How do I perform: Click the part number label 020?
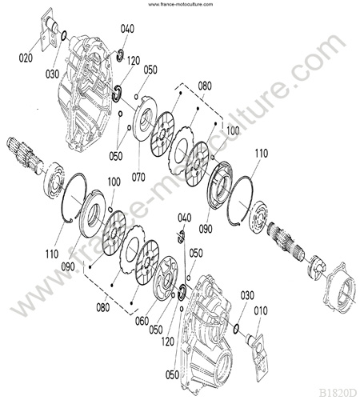tap(26, 58)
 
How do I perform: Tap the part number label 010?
tap(261, 310)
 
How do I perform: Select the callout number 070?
tap(138, 177)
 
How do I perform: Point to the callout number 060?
tap(142, 321)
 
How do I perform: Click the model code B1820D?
tap(338, 393)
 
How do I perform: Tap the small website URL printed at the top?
tap(181, 4)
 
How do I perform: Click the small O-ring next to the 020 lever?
tap(64, 35)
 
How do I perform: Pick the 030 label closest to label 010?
tap(247, 295)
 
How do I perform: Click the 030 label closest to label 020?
tap(52, 74)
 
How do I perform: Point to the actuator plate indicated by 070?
tap(145, 118)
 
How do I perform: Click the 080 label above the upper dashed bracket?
tap(205, 86)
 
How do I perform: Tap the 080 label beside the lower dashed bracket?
tap(103, 307)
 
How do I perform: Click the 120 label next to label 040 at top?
tap(134, 61)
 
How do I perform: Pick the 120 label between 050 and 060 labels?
tap(168, 342)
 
